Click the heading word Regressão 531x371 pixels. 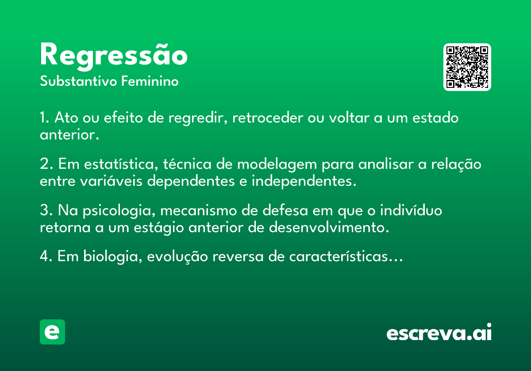(x=114, y=56)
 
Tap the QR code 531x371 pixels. (x=467, y=67)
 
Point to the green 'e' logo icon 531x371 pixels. (x=52, y=332)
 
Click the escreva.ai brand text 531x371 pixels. (x=439, y=333)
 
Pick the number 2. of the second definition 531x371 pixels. (x=46, y=164)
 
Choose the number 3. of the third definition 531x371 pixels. (x=46, y=211)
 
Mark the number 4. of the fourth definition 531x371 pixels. (x=46, y=257)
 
